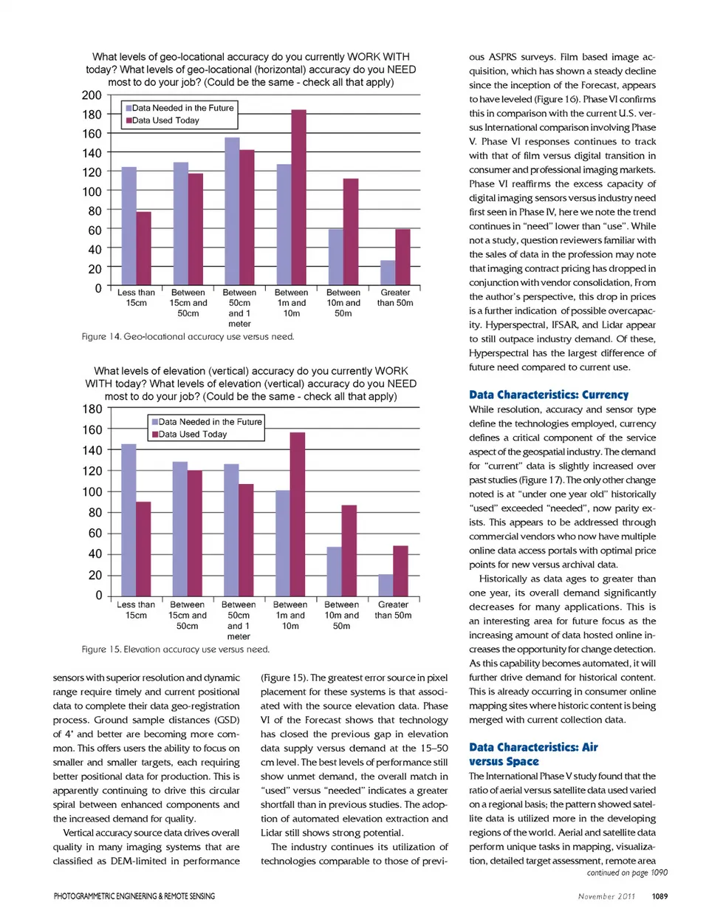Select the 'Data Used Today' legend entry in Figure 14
165,120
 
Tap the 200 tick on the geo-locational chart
92,95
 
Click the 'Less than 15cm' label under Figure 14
136,298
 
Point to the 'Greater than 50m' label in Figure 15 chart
393,610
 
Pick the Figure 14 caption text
188,337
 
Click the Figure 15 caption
176,650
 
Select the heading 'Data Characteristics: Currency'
549,395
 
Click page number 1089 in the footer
660,896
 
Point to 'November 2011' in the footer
606,896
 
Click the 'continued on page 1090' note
627,873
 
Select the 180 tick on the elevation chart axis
92,409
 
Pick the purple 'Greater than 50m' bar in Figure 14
403,258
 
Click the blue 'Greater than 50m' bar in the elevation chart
386,585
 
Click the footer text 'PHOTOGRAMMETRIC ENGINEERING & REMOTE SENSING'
134,896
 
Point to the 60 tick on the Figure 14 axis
95,231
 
